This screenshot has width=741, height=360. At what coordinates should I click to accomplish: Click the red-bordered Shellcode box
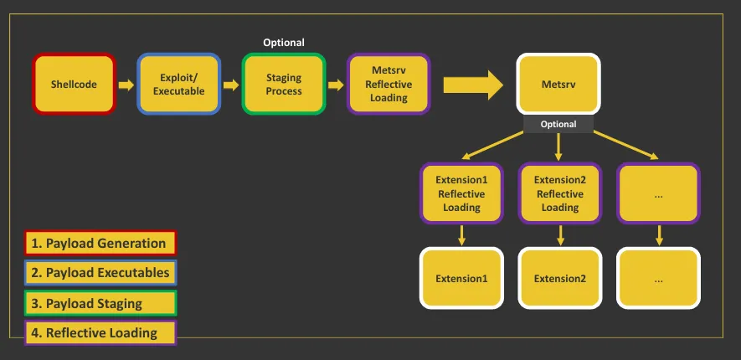[74, 84]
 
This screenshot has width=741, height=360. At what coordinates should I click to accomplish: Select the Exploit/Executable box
[178, 84]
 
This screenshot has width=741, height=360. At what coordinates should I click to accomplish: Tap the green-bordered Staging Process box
[284, 84]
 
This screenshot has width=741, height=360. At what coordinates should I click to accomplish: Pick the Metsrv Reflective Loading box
[389, 84]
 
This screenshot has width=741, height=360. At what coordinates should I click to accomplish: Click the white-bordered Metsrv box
[558, 84]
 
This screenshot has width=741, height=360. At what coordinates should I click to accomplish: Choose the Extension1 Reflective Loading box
[461, 193]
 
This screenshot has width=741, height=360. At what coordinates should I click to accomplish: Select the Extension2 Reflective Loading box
[559, 193]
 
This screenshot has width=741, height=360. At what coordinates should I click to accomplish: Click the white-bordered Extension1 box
[461, 279]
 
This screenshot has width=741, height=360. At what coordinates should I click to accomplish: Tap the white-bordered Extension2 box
[559, 279]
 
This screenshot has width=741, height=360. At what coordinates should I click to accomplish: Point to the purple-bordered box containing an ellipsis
[658, 193]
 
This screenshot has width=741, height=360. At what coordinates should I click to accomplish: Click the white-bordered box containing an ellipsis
[658, 279]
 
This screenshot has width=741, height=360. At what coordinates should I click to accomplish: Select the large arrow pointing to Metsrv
[472, 85]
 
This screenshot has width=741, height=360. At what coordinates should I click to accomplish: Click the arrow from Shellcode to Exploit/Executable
[126, 85]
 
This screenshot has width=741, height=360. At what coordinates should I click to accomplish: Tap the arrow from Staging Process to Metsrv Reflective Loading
[336, 85]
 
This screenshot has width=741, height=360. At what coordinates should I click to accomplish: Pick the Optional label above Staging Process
[284, 43]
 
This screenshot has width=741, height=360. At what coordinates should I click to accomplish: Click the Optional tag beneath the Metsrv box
[558, 124]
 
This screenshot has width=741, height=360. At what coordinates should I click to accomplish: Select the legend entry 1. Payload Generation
[100, 244]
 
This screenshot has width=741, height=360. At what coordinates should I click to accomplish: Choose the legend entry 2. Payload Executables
[100, 273]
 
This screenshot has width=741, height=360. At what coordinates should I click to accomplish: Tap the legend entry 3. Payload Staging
[100, 303]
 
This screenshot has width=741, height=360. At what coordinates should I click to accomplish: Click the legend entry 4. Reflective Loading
[100, 333]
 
